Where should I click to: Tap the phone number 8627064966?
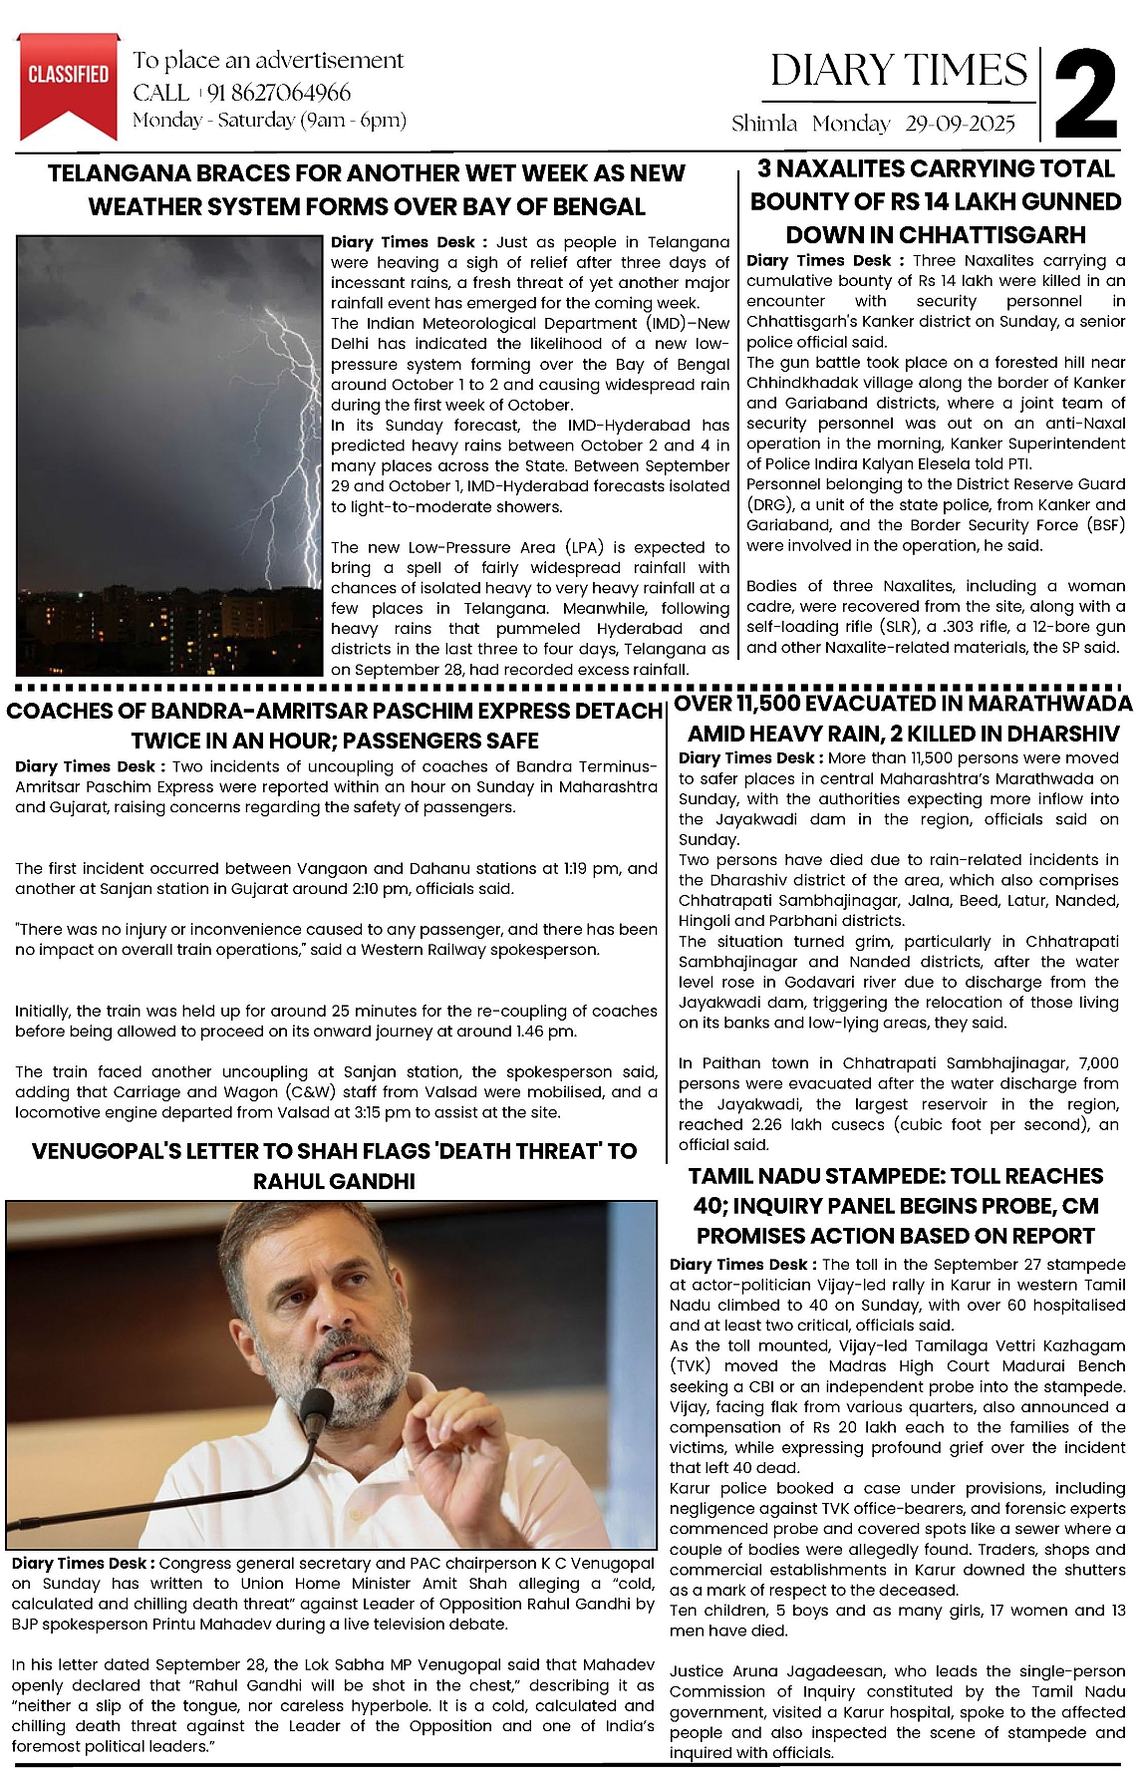278,93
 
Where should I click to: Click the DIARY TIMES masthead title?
898,70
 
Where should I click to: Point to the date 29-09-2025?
961,124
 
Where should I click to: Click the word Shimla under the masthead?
764,124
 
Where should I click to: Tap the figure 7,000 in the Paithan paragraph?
1091,1063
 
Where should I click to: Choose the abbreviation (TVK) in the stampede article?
692,1366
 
